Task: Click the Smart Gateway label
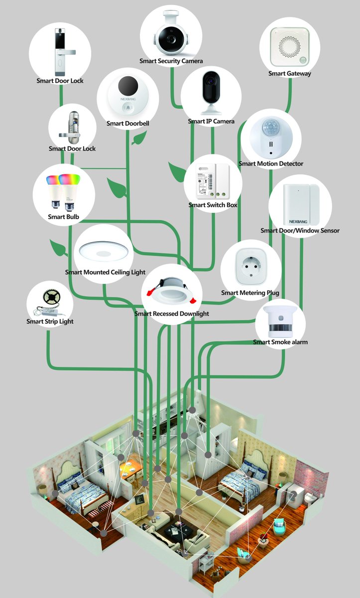point(289,74)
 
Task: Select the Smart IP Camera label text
point(211,122)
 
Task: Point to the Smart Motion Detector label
point(270,163)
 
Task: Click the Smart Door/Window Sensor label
point(300,231)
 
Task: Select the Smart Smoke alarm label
point(280,342)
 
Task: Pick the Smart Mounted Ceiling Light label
point(105,272)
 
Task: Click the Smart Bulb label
point(63,217)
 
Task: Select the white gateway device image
point(289,46)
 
